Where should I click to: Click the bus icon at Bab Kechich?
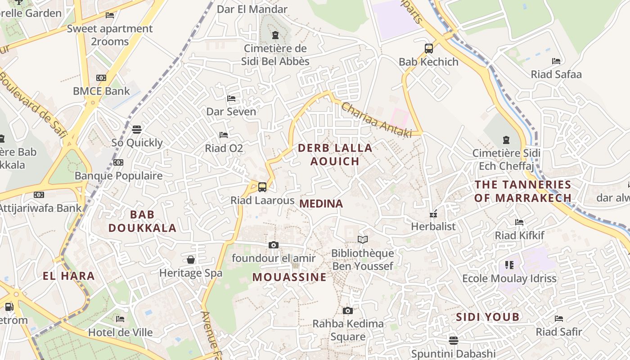pyautogui.click(x=428, y=48)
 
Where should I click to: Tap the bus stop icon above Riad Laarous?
pyautogui.click(x=262, y=187)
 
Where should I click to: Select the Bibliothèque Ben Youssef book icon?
pyautogui.click(x=362, y=240)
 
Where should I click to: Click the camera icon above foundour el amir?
pyautogui.click(x=273, y=245)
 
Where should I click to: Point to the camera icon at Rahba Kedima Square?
pyautogui.click(x=347, y=310)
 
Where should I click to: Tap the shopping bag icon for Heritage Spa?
pyautogui.click(x=191, y=260)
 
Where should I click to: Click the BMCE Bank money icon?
pyautogui.click(x=101, y=78)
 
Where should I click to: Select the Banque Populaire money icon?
pyautogui.click(x=118, y=162)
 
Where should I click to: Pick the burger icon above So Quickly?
pyautogui.click(x=137, y=130)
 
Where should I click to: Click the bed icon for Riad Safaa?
pyautogui.click(x=556, y=61)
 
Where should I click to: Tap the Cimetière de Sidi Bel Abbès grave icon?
pyautogui.click(x=275, y=35)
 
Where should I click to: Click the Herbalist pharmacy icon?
pyautogui.click(x=433, y=214)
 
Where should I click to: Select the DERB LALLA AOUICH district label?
pyautogui.click(x=335, y=154)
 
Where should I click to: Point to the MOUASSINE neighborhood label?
pyautogui.click(x=289, y=277)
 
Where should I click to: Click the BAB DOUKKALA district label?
pyautogui.click(x=142, y=221)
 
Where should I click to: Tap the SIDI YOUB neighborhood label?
pyautogui.click(x=488, y=317)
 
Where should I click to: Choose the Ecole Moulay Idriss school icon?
pyautogui.click(x=509, y=265)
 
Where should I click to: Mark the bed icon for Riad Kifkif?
pyautogui.click(x=519, y=222)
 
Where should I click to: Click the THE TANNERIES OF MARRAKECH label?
pyautogui.click(x=523, y=191)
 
